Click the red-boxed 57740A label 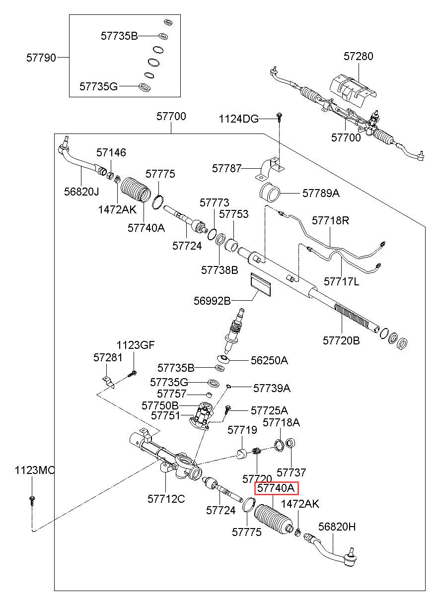point(276,488)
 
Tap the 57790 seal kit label point(41,58)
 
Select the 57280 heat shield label point(359,57)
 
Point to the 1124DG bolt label point(239,119)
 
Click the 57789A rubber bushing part point(270,193)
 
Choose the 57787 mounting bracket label point(226,169)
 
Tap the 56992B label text point(212,301)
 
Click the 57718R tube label point(330,220)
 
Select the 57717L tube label point(341,282)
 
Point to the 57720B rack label point(341,341)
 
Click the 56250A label point(269,361)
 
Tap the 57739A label point(272,388)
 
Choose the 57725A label point(269,411)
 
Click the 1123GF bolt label point(136,345)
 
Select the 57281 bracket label point(108,358)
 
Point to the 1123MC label point(35,470)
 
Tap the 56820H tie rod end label point(337,527)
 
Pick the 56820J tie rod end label point(81,192)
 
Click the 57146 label point(111,153)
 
